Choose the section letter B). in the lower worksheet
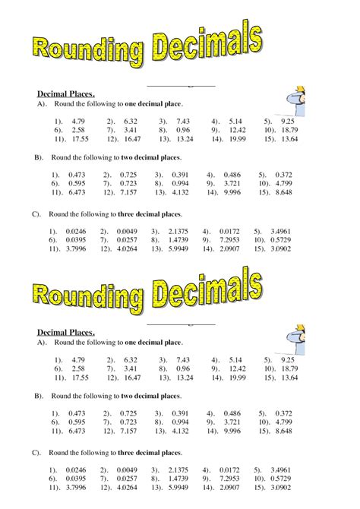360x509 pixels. tap(36, 396)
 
